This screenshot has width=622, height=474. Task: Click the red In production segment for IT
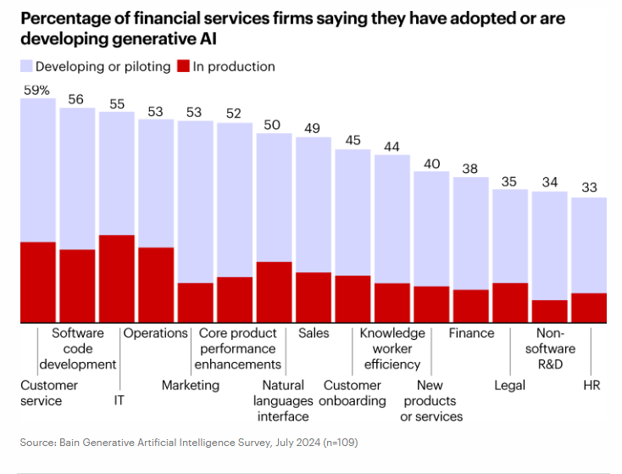(x=116, y=279)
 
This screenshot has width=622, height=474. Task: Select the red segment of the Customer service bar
(x=37, y=282)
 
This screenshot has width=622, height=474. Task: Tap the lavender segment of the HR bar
(x=589, y=245)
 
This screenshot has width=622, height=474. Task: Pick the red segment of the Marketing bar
(x=195, y=303)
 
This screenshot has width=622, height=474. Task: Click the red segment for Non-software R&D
(x=549, y=311)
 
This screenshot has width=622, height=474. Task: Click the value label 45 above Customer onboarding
(x=353, y=140)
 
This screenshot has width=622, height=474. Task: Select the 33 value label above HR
(x=589, y=188)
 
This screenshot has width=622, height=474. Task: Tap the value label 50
(x=274, y=124)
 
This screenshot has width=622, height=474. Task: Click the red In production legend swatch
(x=184, y=66)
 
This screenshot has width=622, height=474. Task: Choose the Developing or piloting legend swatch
(x=26, y=66)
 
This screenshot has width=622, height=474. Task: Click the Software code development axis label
(x=84, y=349)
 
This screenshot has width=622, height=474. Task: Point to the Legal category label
(x=509, y=385)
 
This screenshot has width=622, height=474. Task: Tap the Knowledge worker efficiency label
(x=392, y=349)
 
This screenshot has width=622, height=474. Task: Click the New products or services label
(x=431, y=400)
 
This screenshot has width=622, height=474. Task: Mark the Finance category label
(x=471, y=333)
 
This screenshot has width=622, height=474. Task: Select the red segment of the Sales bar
(x=314, y=298)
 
